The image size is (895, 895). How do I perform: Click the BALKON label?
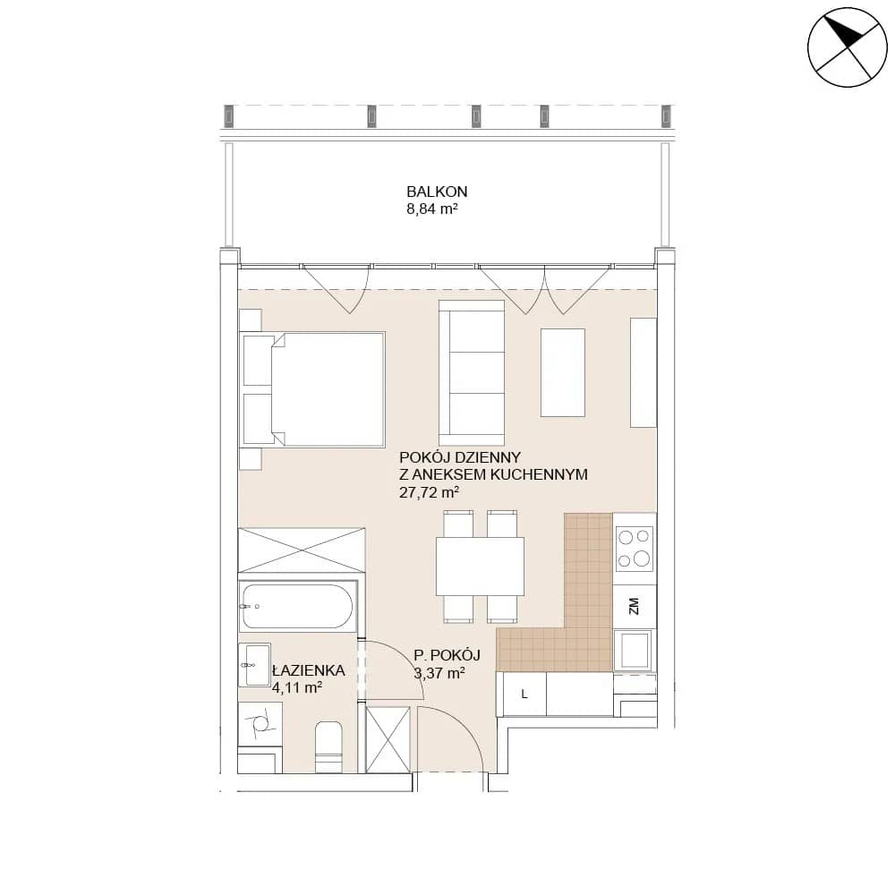point(437,192)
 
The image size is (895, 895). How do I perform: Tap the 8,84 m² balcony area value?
point(432,209)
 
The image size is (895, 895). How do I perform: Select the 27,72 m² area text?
point(430,492)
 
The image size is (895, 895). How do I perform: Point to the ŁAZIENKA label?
point(309,670)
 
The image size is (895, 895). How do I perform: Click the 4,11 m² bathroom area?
point(297,687)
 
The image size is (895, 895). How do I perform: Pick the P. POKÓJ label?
point(447,655)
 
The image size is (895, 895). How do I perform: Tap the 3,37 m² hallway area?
point(439,673)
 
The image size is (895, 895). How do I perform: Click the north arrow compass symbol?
point(847,47)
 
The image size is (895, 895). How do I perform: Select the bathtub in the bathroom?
point(297,606)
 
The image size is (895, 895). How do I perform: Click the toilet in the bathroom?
point(328,746)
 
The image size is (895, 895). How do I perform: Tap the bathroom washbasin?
point(254,665)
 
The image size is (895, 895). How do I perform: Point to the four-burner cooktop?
point(635,549)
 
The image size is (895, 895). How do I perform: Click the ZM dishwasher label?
point(634,606)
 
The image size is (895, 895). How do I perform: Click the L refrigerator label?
point(524,695)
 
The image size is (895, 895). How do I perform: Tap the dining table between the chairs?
point(480,567)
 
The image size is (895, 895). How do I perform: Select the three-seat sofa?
point(472,372)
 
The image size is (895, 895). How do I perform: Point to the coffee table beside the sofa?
point(563,372)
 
